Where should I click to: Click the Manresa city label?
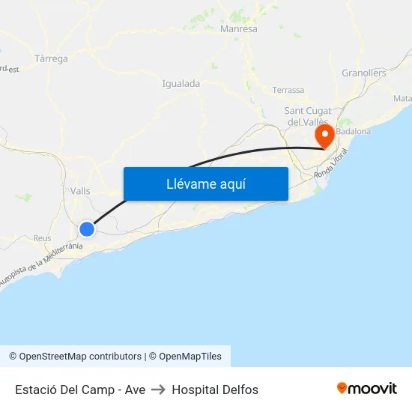click(x=239, y=29)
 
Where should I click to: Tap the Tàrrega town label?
click(x=51, y=58)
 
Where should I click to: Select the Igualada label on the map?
click(x=181, y=84)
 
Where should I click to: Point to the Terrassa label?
click(x=288, y=90)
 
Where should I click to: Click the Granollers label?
click(x=363, y=73)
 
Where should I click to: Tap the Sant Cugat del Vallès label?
click(x=308, y=116)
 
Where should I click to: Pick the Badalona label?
click(x=354, y=131)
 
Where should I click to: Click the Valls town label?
click(x=79, y=191)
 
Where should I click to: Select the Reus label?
click(x=42, y=238)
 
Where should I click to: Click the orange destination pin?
click(x=325, y=136)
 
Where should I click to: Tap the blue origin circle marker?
click(x=87, y=229)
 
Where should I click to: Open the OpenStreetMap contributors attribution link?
click(x=75, y=357)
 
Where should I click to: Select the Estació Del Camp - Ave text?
click(x=80, y=390)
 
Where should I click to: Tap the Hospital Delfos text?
click(x=215, y=390)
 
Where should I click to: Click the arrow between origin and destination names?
click(x=159, y=390)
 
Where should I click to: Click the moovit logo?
click(x=367, y=388)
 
